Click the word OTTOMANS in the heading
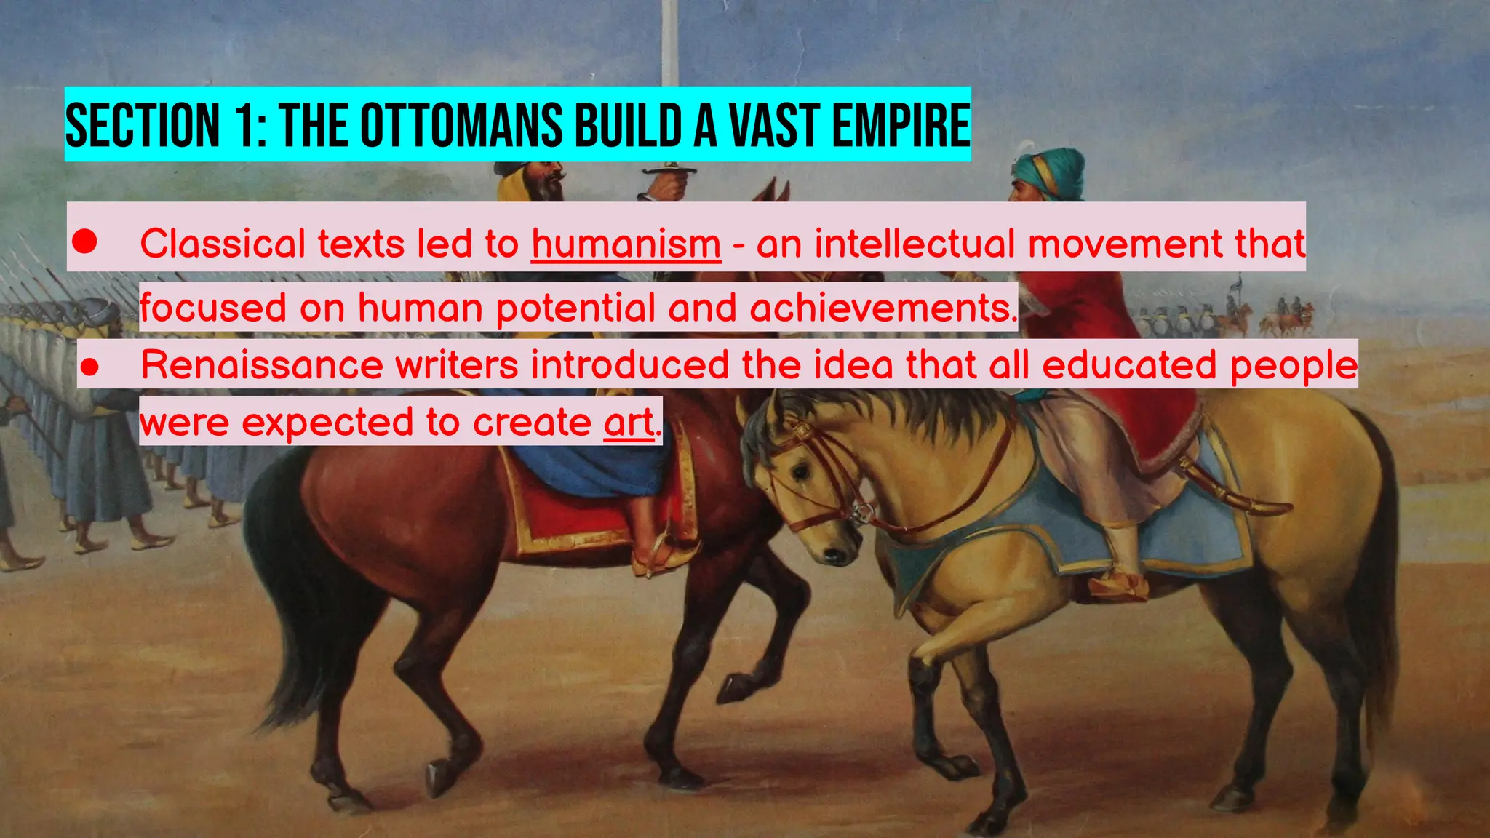461,125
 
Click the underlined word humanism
626,244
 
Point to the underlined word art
629,423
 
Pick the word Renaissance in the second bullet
262,364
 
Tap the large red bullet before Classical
85,242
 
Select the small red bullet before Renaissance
89,367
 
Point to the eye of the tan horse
801,473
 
